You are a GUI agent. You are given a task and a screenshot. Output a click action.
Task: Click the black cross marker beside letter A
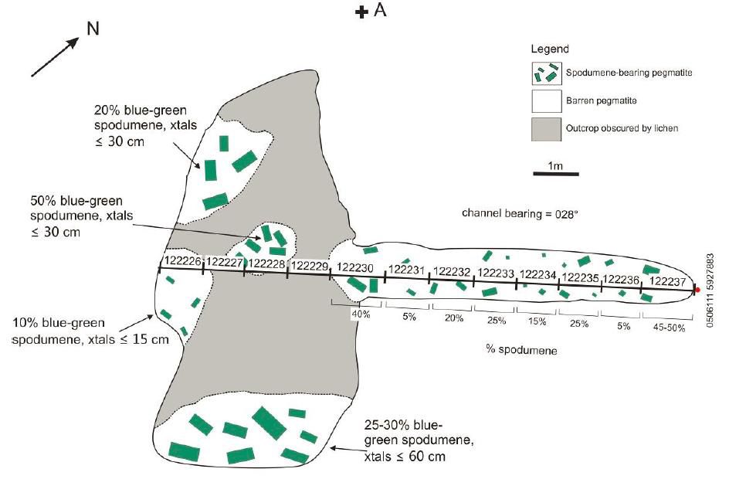coord(361,12)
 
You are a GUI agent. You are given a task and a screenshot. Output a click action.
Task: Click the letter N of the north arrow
coord(92,29)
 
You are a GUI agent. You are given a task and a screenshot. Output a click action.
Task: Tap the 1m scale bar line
coord(556,174)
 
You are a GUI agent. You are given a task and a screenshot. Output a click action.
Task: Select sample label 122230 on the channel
coord(355,267)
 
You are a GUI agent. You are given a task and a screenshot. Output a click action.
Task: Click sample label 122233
coord(496,273)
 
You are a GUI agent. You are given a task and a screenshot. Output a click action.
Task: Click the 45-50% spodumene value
coord(668,328)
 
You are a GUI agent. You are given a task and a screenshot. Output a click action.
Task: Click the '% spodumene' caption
coord(521,350)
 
